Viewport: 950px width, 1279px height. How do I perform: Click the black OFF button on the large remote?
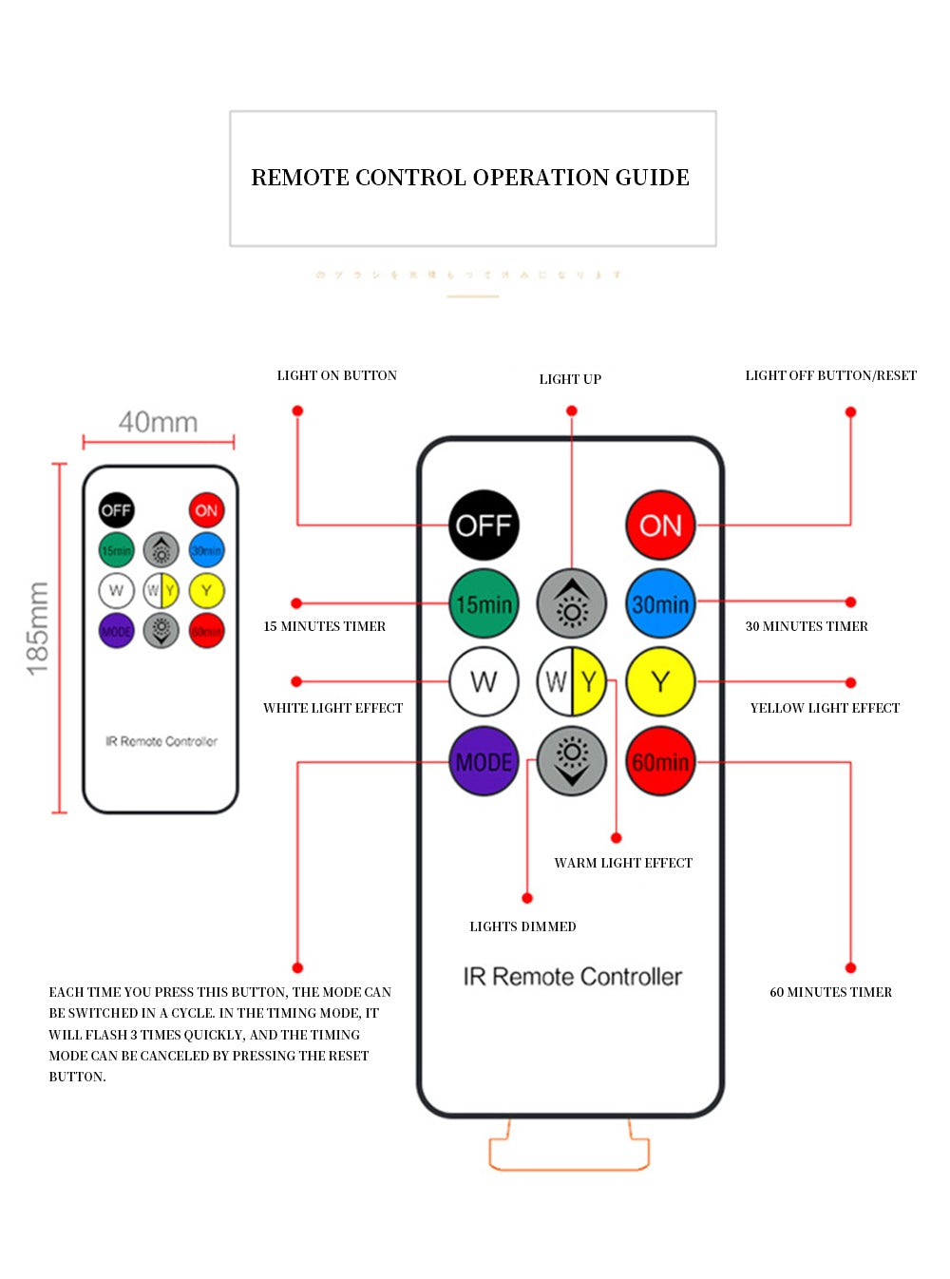pyautogui.click(x=484, y=525)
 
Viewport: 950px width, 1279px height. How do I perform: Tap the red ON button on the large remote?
pyautogui.click(x=660, y=525)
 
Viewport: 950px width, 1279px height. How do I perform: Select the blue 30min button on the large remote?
pyautogui.click(x=660, y=603)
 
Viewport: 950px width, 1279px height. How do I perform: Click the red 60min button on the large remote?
pyautogui.click(x=660, y=761)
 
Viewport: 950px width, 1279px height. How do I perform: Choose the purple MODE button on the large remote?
pyautogui.click(x=484, y=761)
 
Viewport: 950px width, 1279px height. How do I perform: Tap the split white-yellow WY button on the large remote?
pyautogui.click(x=572, y=681)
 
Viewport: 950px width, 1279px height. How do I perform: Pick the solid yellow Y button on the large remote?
pyautogui.click(x=660, y=681)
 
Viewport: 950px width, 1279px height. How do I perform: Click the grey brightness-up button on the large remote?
pyautogui.click(x=572, y=603)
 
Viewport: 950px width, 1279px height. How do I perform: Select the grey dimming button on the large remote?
pyautogui.click(x=572, y=761)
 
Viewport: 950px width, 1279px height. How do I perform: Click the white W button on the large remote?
pyautogui.click(x=484, y=681)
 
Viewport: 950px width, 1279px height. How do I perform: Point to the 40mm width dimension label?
pyautogui.click(x=158, y=422)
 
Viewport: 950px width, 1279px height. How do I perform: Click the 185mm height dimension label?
pyautogui.click(x=38, y=629)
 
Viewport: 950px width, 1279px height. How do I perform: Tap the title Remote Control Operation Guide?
pyautogui.click(x=470, y=178)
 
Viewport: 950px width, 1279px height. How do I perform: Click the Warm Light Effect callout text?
pyautogui.click(x=623, y=863)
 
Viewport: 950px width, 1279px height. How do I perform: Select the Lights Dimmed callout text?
pyautogui.click(x=522, y=926)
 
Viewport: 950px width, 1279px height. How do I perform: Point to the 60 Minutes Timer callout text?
pyautogui.click(x=830, y=992)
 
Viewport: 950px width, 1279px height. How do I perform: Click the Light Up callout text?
pyautogui.click(x=570, y=379)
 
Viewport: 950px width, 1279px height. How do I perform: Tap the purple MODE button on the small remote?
pyautogui.click(x=117, y=631)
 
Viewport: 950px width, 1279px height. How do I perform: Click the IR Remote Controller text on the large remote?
pyautogui.click(x=572, y=977)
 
